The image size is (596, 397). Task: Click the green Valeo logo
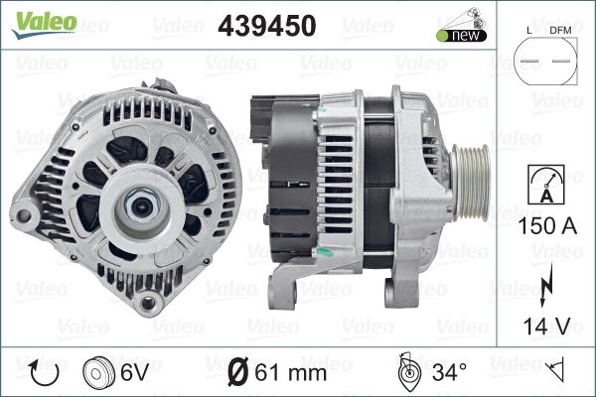pos(45,24)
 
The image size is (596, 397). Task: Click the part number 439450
pos(267,26)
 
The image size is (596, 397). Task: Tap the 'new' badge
pos(461,36)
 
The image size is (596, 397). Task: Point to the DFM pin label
pos(560,31)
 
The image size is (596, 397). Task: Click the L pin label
pos(529,31)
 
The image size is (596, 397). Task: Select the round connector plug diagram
pos(545,61)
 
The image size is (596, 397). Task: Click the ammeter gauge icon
pos(546,185)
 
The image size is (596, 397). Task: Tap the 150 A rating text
pos(547,226)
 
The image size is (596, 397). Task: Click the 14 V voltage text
pos(547,326)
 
